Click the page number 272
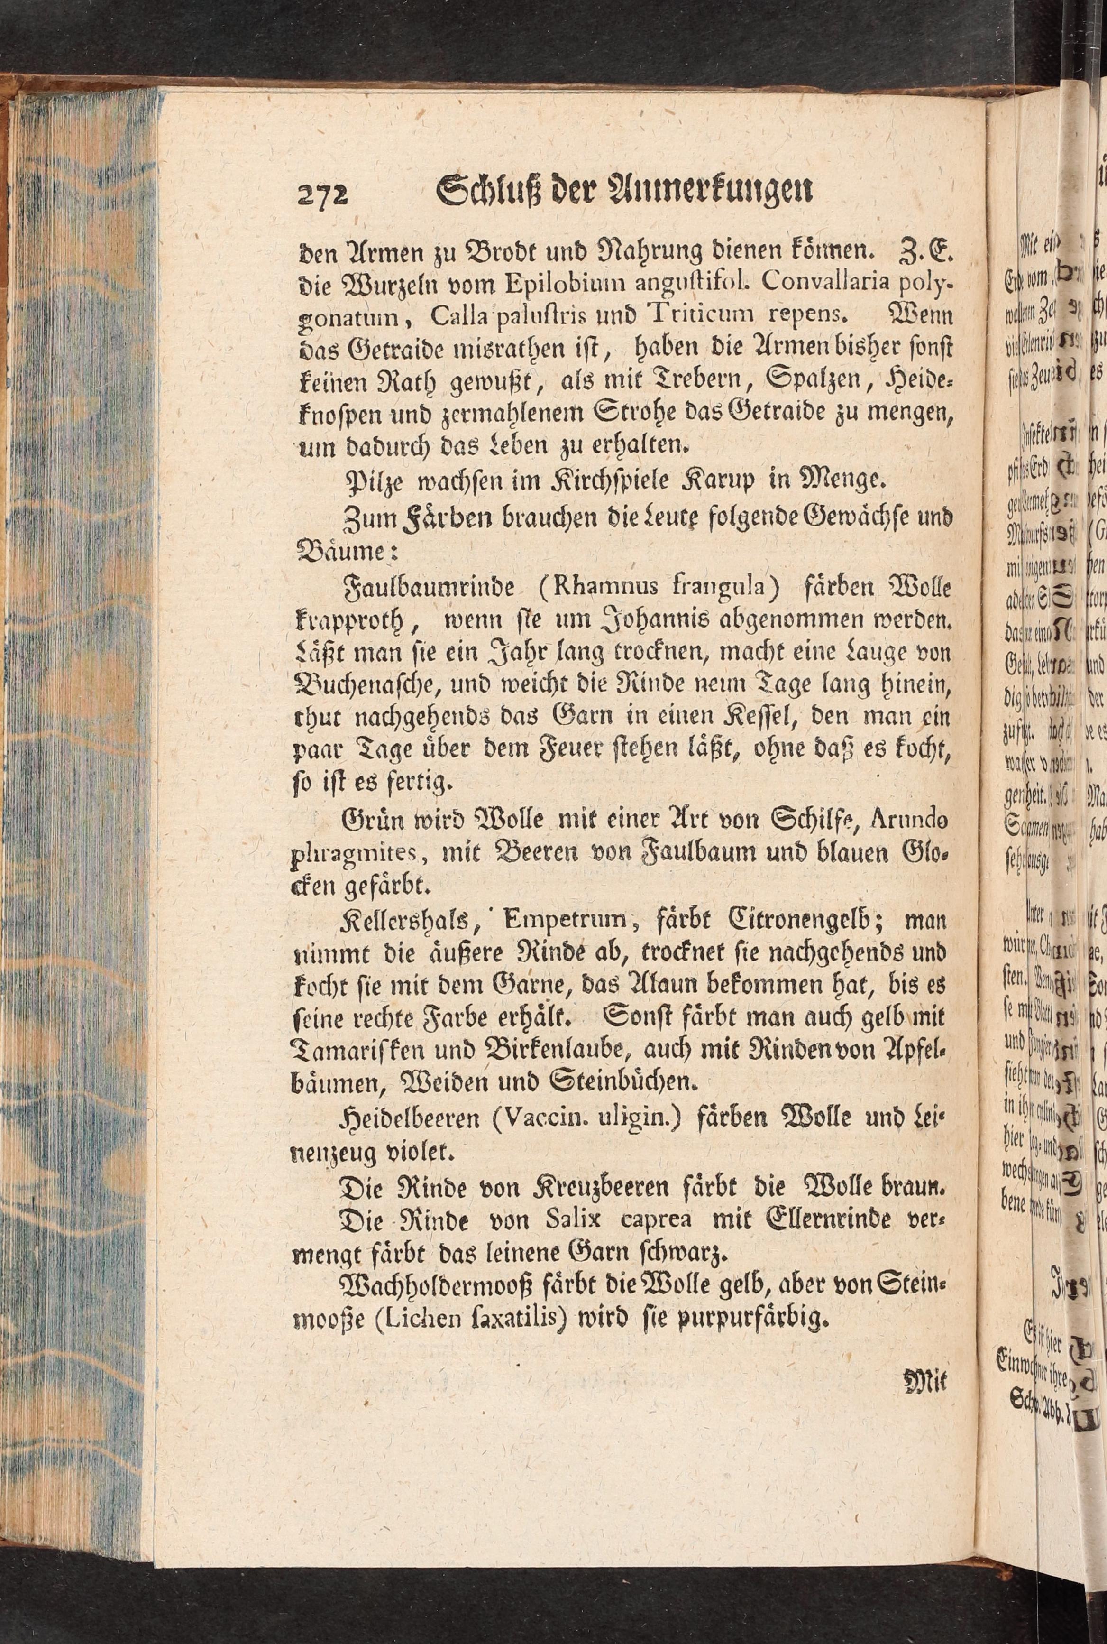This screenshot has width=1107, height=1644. pyautogui.click(x=323, y=192)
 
